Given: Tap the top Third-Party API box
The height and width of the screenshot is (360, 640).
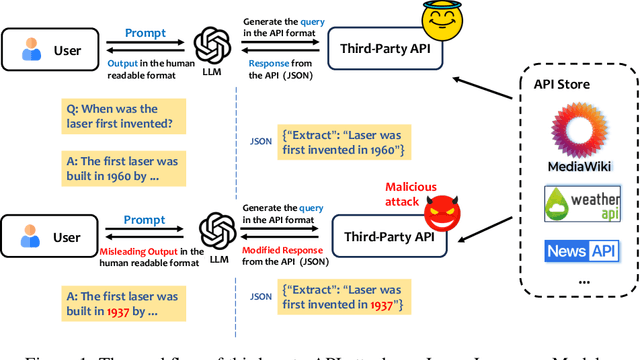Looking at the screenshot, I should click(x=388, y=48).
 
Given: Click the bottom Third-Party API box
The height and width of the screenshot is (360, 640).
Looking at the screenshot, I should click(x=388, y=236).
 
